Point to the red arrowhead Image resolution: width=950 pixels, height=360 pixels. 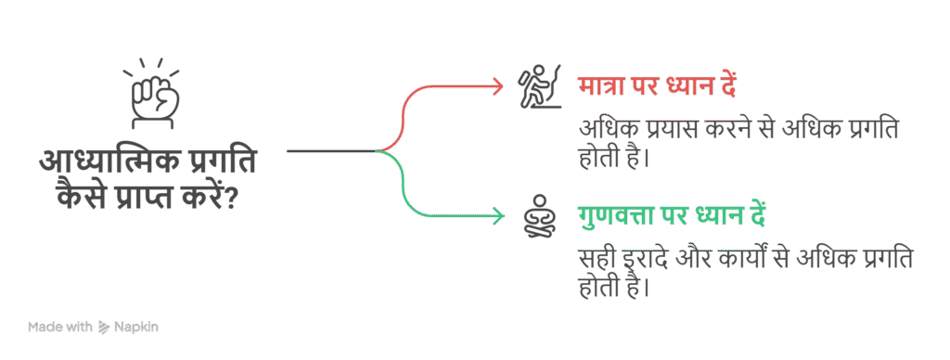click(x=498, y=85)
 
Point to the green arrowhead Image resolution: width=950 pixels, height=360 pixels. click(x=498, y=217)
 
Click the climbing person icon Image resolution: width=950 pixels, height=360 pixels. click(x=538, y=86)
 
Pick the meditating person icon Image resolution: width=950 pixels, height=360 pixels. click(x=538, y=217)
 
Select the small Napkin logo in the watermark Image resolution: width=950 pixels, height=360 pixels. click(x=104, y=327)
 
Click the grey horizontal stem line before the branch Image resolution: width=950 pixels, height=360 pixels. click(x=329, y=150)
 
